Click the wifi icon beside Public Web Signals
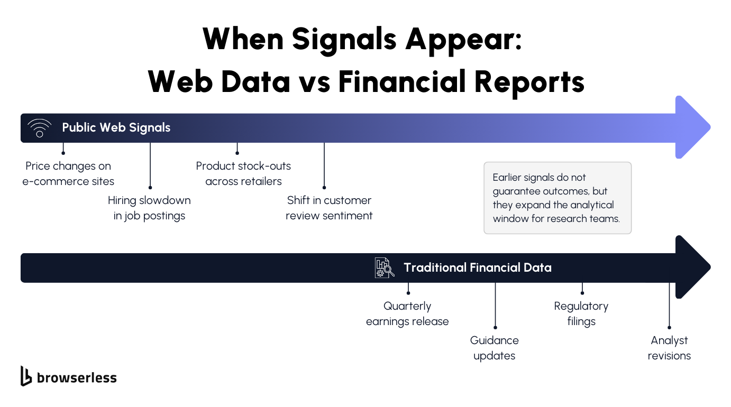pyautogui.click(x=40, y=128)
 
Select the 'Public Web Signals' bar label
pyautogui.click(x=116, y=127)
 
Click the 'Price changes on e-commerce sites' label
pyautogui.click(x=68, y=173)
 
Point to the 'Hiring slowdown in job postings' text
pyautogui.click(x=149, y=208)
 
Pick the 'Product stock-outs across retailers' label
pyautogui.click(x=243, y=173)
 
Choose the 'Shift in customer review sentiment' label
pyautogui.click(x=329, y=208)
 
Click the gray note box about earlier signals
pyautogui.click(x=557, y=198)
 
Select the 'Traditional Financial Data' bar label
pyautogui.click(x=477, y=267)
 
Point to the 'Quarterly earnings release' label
pyautogui.click(x=407, y=313)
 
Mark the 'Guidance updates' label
pyautogui.click(x=494, y=348)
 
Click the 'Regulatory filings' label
pyautogui.click(x=581, y=313)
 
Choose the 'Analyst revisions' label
pyautogui.click(x=669, y=348)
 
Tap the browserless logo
pyautogui.click(x=68, y=377)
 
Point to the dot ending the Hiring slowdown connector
pyautogui.click(x=150, y=188)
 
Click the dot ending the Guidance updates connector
pyautogui.click(x=495, y=328)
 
